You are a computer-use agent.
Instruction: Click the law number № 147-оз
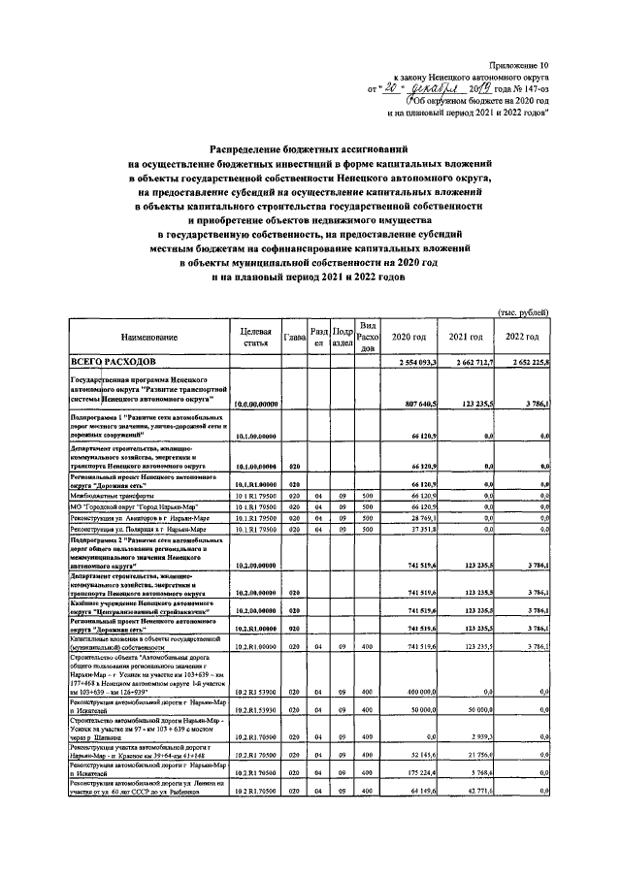[x=523, y=87]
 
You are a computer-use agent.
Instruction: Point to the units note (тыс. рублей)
[x=524, y=312]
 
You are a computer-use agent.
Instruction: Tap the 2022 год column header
[x=523, y=337]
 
